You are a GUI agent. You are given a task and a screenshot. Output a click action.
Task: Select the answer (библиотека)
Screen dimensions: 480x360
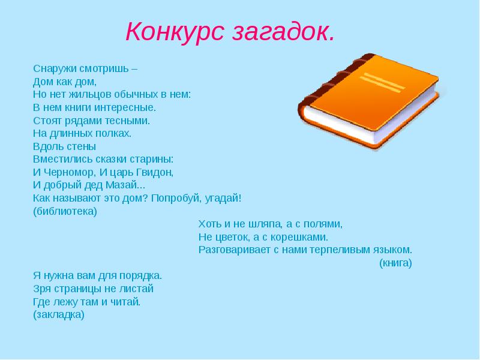(65, 212)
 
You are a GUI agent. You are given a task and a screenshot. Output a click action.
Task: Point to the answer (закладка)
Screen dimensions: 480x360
(59, 315)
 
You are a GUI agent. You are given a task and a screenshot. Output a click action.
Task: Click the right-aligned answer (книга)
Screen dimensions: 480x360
(395, 263)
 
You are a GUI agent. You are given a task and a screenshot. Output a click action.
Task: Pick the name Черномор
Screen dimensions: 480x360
(69, 173)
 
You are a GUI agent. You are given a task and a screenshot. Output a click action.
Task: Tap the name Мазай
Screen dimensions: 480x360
(121, 185)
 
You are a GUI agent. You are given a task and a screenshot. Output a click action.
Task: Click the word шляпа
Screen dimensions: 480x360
(266, 224)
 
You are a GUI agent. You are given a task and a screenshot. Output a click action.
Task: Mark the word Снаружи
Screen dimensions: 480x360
(55, 69)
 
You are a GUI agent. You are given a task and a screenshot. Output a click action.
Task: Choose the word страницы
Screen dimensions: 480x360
(79, 289)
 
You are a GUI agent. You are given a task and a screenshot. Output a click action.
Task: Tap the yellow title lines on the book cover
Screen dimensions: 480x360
(382, 83)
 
